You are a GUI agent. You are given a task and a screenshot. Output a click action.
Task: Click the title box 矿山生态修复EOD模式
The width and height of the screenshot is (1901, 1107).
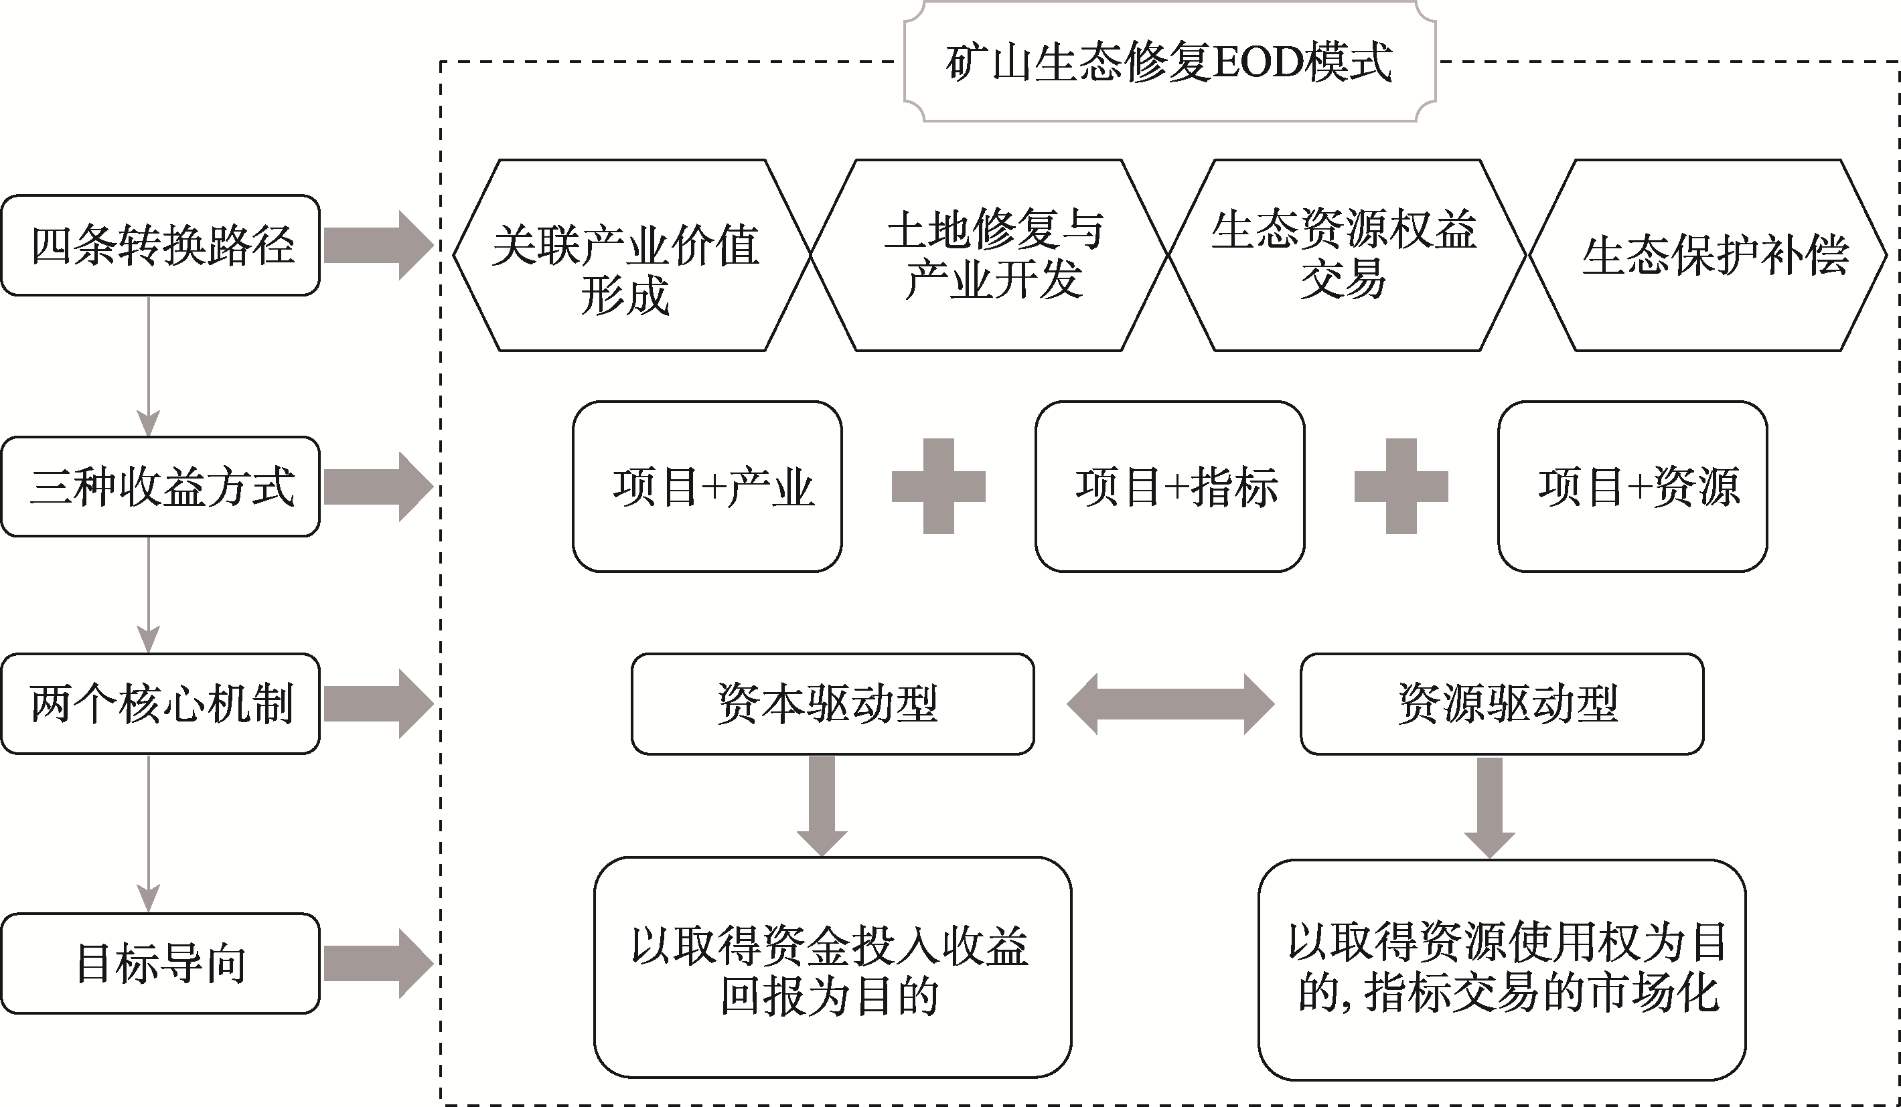pos(1169,62)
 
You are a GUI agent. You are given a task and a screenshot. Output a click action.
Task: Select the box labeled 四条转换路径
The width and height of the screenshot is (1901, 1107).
pos(161,245)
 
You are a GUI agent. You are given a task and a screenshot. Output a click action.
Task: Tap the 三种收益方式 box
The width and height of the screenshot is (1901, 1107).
pos(161,487)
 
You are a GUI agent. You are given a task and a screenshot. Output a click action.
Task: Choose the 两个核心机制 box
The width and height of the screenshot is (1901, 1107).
pos(161,703)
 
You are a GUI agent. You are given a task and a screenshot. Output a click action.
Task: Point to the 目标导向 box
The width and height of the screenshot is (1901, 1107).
pos(161,963)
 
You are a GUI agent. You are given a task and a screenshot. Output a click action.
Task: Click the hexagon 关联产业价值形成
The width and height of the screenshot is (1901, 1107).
pos(632,255)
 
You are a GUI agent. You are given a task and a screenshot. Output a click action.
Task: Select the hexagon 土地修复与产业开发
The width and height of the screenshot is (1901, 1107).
pos(989,255)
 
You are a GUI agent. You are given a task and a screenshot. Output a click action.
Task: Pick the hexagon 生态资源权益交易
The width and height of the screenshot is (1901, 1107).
pos(1347,255)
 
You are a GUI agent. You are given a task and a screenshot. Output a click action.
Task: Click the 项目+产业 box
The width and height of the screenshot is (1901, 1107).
pos(707,487)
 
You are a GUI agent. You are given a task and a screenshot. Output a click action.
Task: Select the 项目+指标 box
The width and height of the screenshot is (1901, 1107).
pos(1169,487)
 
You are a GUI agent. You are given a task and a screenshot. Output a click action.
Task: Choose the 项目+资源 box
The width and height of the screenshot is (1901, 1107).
pos(1632,487)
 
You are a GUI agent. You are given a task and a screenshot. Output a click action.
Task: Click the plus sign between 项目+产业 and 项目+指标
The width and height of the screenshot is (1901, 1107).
pos(938,487)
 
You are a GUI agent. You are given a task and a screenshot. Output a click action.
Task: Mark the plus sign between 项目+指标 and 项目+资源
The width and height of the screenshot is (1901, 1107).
pos(1401,487)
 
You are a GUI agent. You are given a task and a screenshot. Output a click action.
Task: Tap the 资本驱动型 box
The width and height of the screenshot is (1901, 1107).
pos(833,703)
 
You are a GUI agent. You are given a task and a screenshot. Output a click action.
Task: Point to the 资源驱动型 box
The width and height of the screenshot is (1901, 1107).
pos(1502,703)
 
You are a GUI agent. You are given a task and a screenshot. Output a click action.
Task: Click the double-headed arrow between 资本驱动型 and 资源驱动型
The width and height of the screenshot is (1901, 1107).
pos(1170,703)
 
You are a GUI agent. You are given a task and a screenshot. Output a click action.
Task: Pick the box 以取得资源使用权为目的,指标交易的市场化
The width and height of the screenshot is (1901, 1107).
pos(1502,969)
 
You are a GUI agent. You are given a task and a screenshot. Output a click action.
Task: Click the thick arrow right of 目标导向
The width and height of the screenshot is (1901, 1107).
pos(377,963)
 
